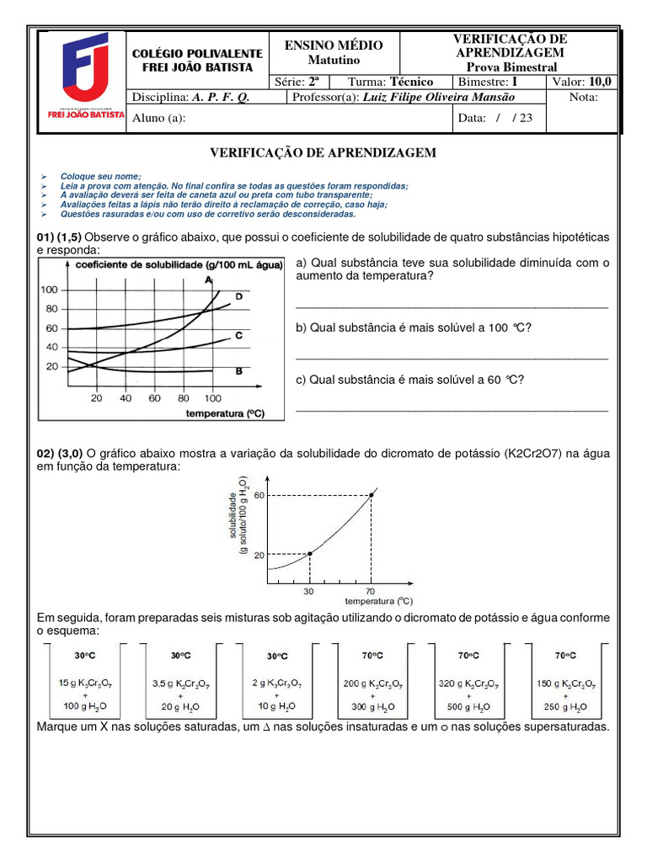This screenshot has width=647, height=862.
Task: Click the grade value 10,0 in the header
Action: tap(602, 82)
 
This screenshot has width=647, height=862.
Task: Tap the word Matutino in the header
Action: tap(333, 61)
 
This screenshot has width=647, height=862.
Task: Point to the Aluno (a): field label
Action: tap(158, 119)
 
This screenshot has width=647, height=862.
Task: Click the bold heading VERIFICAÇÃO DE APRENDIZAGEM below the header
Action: tap(323, 152)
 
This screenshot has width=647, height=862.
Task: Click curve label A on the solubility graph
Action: tap(207, 279)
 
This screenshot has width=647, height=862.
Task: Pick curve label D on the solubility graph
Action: tap(239, 296)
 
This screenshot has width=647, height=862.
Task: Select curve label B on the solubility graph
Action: tap(238, 370)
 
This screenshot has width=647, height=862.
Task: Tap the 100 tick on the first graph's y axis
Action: tap(51, 290)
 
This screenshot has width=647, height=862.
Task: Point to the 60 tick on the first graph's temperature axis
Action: tap(154, 398)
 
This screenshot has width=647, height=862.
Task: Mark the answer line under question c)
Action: tap(452, 411)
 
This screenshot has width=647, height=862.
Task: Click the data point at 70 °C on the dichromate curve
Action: tap(372, 495)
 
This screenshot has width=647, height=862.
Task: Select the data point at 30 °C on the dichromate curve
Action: tap(310, 553)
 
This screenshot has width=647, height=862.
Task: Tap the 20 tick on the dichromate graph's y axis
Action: tap(259, 554)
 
